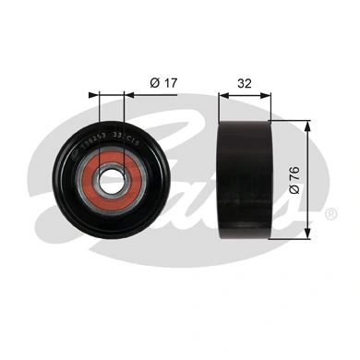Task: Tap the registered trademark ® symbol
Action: [x=330, y=213]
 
